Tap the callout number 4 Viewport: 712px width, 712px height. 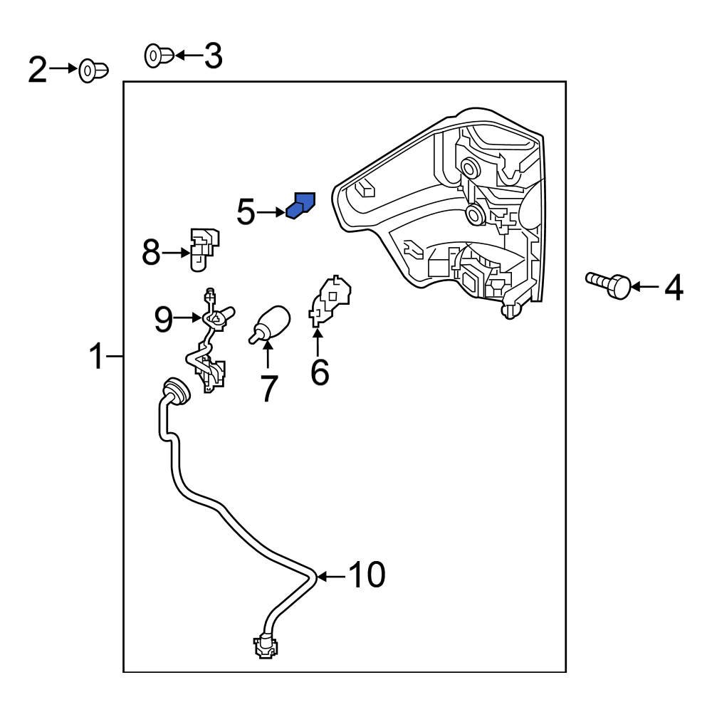(674, 287)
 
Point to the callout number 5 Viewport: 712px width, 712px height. (246, 212)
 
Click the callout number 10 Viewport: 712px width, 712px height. (367, 575)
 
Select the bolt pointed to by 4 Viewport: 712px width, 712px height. (609, 285)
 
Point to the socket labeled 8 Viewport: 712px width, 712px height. (202, 249)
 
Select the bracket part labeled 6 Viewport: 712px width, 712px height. (330, 300)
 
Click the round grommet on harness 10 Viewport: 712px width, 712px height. (174, 390)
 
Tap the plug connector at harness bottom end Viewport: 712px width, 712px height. (265, 646)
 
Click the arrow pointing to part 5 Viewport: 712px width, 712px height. (271, 212)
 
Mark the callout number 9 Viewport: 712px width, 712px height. (164, 320)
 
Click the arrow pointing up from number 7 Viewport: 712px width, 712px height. (268, 353)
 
